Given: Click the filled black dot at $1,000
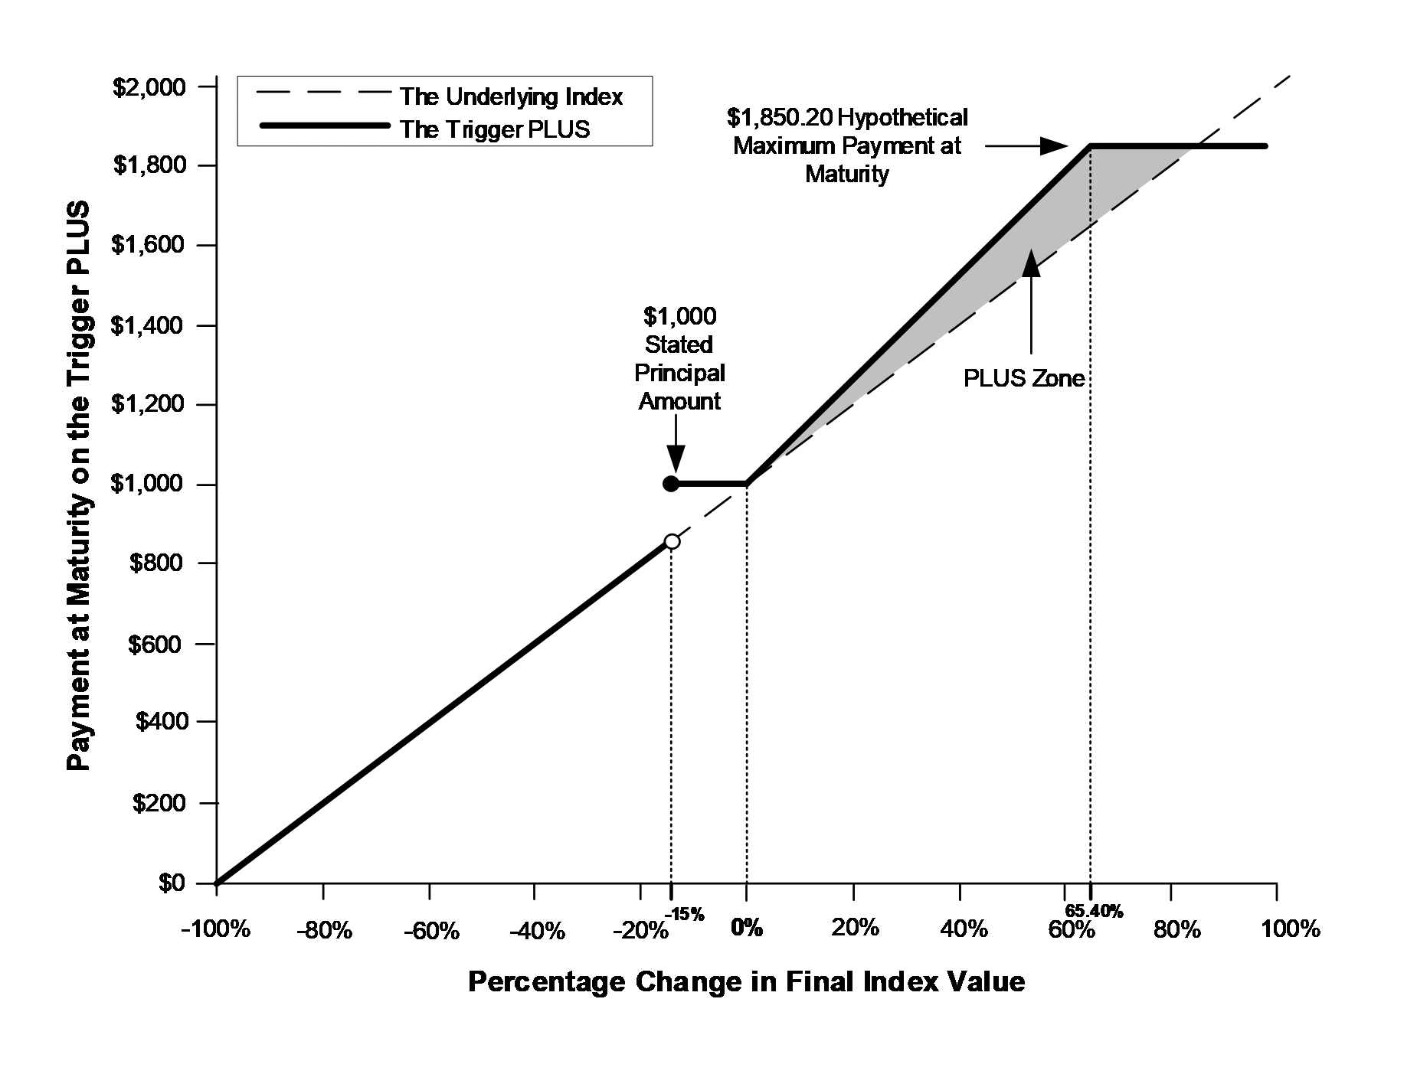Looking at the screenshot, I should click(x=670, y=484).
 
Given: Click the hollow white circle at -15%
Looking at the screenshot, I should click(x=672, y=541).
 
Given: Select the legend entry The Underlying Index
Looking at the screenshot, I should click(x=511, y=96).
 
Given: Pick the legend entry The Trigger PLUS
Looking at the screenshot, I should click(x=494, y=129).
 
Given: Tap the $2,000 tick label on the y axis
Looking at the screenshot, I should click(x=149, y=87).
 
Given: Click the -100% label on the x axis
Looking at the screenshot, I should click(x=215, y=929).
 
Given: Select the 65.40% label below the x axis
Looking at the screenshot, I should click(x=1094, y=911).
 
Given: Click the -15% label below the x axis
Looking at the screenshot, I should click(x=684, y=913).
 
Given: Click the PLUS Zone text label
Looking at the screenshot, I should click(x=1023, y=379).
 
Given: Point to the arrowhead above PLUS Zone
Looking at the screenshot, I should click(x=1032, y=262).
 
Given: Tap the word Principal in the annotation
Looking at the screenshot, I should click(x=679, y=373).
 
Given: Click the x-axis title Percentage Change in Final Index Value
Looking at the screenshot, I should click(x=746, y=982).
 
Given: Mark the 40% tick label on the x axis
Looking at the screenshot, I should click(x=963, y=929).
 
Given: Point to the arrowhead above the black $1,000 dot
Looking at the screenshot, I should click(x=676, y=459).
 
